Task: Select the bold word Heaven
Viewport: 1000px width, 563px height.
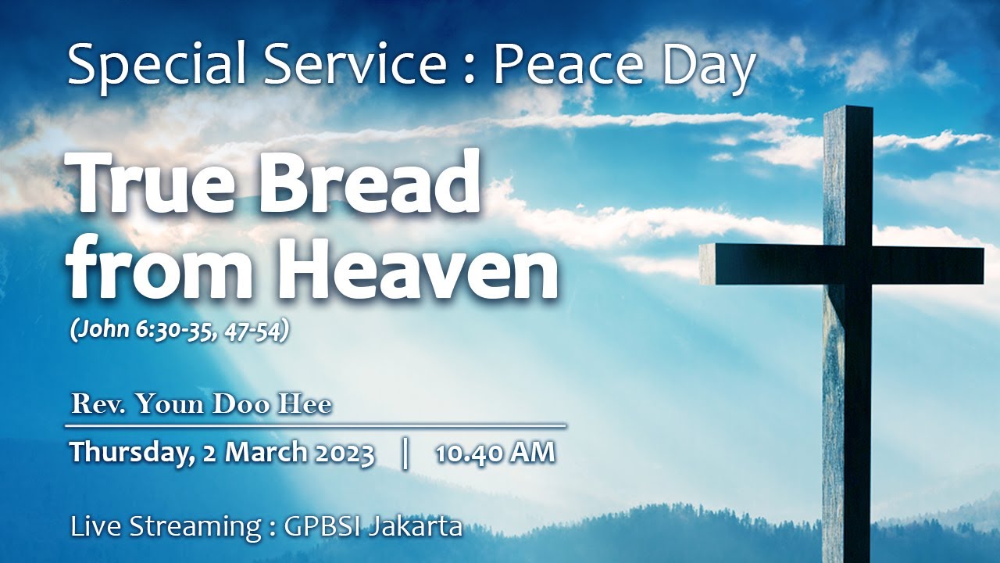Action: click(420, 267)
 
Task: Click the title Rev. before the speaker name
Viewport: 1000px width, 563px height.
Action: click(97, 405)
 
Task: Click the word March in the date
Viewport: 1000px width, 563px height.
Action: click(264, 453)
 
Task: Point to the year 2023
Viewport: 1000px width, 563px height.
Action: click(344, 453)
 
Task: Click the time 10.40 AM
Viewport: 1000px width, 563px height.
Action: click(495, 453)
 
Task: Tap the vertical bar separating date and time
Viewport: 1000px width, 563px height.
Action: click(405, 453)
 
